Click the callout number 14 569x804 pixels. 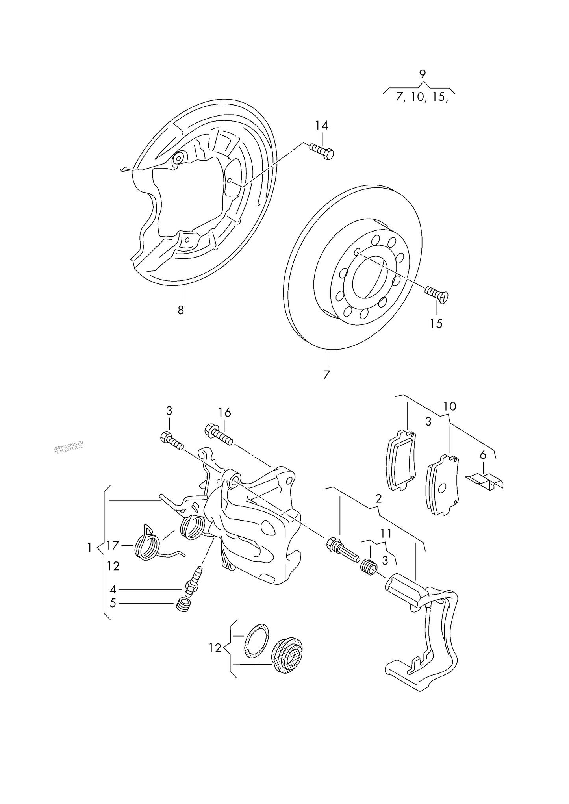[x=321, y=126]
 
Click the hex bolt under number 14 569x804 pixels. [x=322, y=151]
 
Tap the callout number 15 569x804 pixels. [x=436, y=324]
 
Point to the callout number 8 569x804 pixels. [x=181, y=310]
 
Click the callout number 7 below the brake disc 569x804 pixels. [x=326, y=375]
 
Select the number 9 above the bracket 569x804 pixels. [x=423, y=74]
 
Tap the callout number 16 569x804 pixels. [x=224, y=413]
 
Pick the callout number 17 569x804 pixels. [x=113, y=545]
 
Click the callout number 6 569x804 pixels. [x=483, y=455]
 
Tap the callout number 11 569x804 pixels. [x=386, y=534]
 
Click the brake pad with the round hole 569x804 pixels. [x=443, y=486]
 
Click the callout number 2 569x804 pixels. [x=378, y=499]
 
